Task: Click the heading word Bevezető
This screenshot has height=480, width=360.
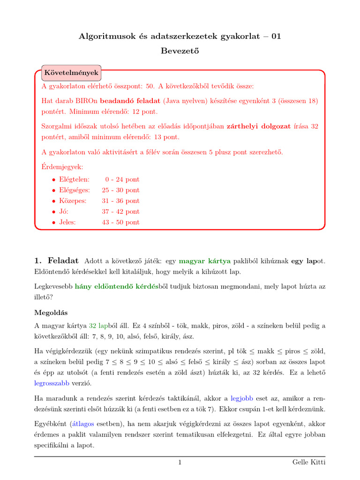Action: (180, 51)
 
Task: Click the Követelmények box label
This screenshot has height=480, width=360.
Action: (71, 73)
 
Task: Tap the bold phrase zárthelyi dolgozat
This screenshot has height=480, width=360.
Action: (257, 126)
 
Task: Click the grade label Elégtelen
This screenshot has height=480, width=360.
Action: (74, 180)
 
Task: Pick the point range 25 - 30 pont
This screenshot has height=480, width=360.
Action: (120, 190)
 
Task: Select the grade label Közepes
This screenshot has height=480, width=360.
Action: (73, 201)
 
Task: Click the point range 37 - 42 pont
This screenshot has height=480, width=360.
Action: (120, 212)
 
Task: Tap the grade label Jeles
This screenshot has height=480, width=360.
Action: (67, 223)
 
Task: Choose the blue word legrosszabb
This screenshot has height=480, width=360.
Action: (52, 383)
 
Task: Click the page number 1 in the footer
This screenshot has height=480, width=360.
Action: (180, 463)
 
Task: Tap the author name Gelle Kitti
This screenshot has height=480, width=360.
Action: (308, 463)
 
